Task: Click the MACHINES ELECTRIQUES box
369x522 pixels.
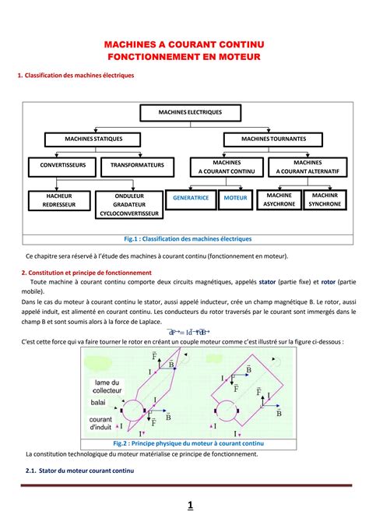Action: click(x=190, y=112)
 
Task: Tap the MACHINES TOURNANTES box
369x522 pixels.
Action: click(x=273, y=139)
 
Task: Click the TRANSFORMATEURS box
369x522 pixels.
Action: click(x=137, y=165)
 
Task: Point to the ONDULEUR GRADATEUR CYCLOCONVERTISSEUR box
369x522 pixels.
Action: click(x=129, y=204)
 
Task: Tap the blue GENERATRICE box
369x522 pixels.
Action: click(x=191, y=199)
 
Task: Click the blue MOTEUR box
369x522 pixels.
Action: click(x=234, y=199)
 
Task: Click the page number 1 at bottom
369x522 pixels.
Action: click(x=190, y=505)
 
